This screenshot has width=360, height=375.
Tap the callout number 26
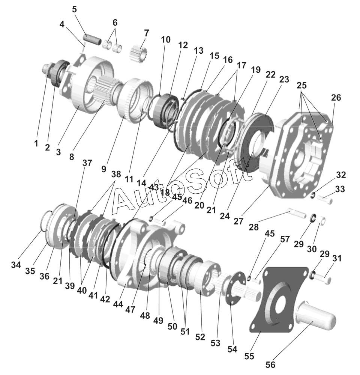(336, 98)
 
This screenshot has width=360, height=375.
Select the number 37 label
(87, 163)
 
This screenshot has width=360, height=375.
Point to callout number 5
(74, 9)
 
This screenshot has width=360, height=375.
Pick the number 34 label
(15, 265)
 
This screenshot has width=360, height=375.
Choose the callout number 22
(270, 75)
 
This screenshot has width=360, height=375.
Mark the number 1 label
(36, 143)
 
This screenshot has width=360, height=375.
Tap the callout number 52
(200, 337)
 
